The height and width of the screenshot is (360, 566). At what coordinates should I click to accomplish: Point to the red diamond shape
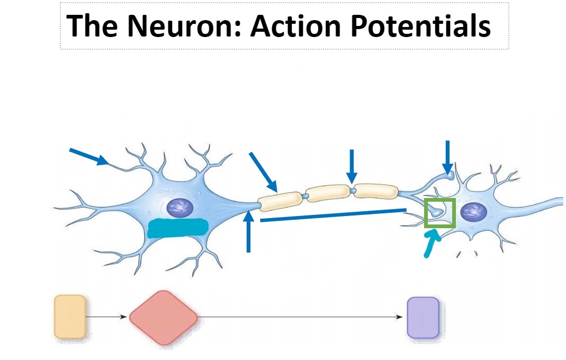(x=164, y=318)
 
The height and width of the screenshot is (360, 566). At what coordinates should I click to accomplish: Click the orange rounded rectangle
(x=70, y=317)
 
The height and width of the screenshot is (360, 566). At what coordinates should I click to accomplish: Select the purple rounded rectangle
(x=423, y=317)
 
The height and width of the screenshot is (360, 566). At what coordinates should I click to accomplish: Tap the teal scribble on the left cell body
(x=177, y=228)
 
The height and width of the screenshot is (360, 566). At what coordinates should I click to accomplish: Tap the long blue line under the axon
(x=334, y=215)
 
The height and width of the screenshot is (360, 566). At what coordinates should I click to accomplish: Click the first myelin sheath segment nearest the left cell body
(x=278, y=200)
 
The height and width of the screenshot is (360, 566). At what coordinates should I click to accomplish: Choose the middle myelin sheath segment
(x=328, y=193)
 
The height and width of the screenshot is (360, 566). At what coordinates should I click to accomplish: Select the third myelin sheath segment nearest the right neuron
(x=376, y=191)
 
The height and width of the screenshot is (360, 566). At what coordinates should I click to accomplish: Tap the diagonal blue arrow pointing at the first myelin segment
(x=263, y=172)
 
